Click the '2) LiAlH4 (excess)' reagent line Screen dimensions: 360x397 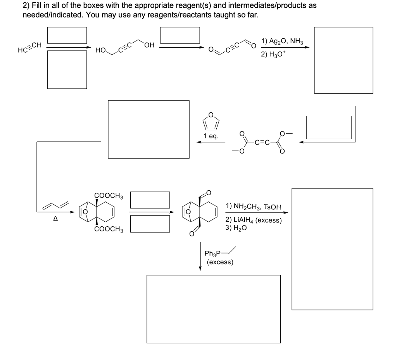pyautogui.click(x=254, y=220)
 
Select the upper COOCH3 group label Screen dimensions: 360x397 pyautogui.click(x=109, y=195)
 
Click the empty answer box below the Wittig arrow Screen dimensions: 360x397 pyautogui.click(x=213, y=309)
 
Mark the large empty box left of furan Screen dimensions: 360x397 pyautogui.click(x=148, y=129)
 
